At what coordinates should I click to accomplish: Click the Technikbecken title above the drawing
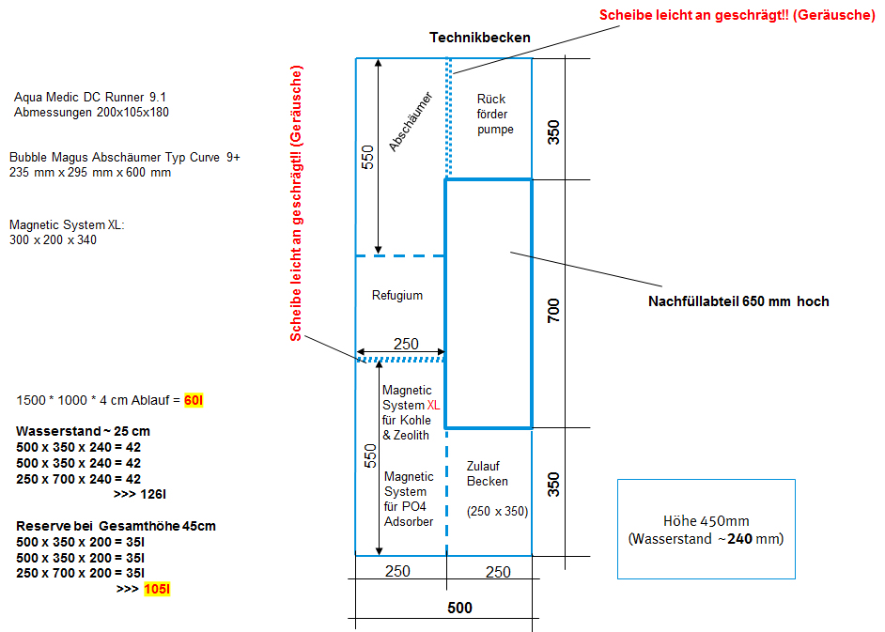[x=480, y=38]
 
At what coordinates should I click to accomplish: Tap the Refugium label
[x=397, y=295]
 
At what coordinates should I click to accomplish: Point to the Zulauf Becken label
[x=488, y=473]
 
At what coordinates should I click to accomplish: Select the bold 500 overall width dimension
[x=459, y=608]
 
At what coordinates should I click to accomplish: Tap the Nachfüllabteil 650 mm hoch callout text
[x=738, y=301]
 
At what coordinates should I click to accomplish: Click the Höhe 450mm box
[x=706, y=530]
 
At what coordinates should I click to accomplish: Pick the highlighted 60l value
[x=194, y=401]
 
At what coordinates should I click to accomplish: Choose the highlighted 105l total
[x=157, y=589]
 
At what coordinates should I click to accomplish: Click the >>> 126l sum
[x=141, y=493]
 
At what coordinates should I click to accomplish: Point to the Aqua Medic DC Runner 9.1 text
[x=90, y=97]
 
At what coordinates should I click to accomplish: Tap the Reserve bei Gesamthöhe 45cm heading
[x=116, y=526]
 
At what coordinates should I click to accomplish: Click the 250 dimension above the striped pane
[x=406, y=345]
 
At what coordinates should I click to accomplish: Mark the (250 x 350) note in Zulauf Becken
[x=496, y=512]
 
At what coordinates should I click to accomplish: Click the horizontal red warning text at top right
[x=737, y=16]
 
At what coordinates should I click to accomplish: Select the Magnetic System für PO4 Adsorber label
[x=409, y=499]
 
